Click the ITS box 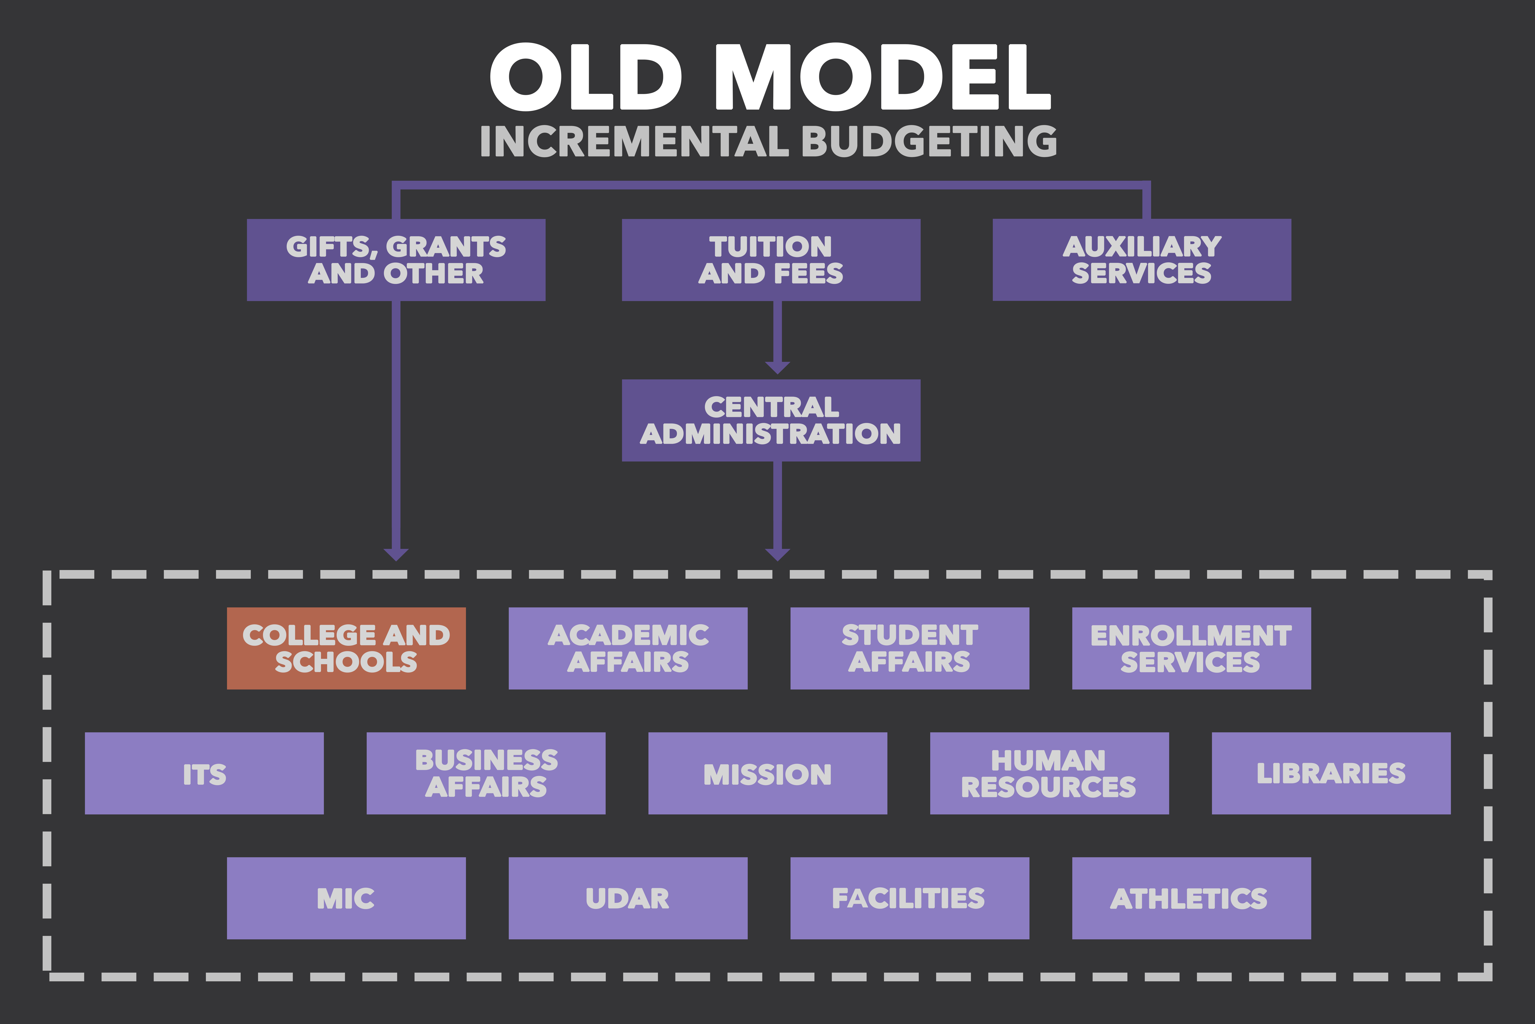click(x=204, y=773)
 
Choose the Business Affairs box click(x=486, y=773)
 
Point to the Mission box click(x=767, y=773)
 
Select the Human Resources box click(x=1049, y=773)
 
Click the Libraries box click(x=1331, y=773)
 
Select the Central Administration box click(x=771, y=421)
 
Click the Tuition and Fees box click(x=771, y=260)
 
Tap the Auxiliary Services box click(x=1142, y=260)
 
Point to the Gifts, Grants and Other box click(x=396, y=260)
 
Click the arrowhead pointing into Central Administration click(x=777, y=368)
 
